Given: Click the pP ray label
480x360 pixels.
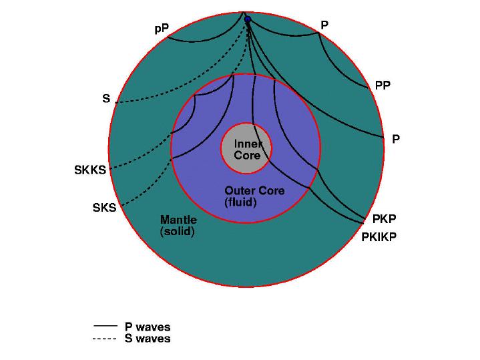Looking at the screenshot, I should [x=162, y=29].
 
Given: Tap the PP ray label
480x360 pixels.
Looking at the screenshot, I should [x=383, y=85].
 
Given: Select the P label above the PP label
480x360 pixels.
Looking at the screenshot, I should [x=324, y=25].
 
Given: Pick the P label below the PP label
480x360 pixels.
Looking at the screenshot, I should [x=396, y=139].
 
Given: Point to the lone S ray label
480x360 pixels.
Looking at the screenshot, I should [x=105, y=99].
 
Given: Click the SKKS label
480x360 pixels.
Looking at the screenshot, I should [x=89, y=170].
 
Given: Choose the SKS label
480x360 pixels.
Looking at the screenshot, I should [x=104, y=208].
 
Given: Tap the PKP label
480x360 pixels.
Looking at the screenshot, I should [x=385, y=218].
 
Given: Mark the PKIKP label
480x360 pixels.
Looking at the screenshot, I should [x=379, y=236].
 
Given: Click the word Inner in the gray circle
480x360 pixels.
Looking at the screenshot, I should [x=248, y=144].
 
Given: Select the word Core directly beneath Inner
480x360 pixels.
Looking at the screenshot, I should [x=246, y=154].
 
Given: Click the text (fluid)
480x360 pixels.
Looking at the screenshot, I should [x=240, y=201].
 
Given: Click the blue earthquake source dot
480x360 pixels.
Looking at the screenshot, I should [x=247, y=19].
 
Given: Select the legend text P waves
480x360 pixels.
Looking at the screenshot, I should [x=148, y=327].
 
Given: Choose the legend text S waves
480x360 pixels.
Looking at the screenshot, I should [x=148, y=339].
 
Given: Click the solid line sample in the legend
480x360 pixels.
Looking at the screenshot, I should [x=105, y=327].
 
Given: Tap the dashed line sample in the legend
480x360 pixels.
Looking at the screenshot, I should [x=105, y=338].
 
